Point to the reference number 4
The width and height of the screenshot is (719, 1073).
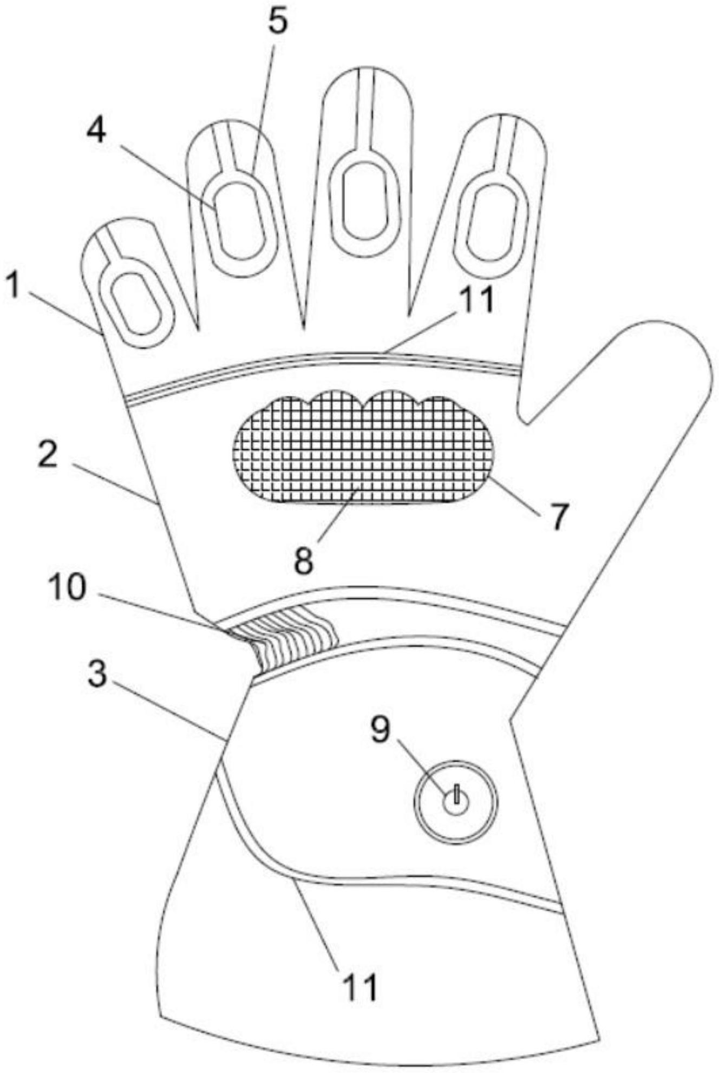[x=97, y=130]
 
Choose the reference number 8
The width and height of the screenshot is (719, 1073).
[x=304, y=560]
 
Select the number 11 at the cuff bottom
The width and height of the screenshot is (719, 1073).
[x=358, y=986]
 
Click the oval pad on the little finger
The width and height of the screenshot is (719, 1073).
[x=136, y=304]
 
